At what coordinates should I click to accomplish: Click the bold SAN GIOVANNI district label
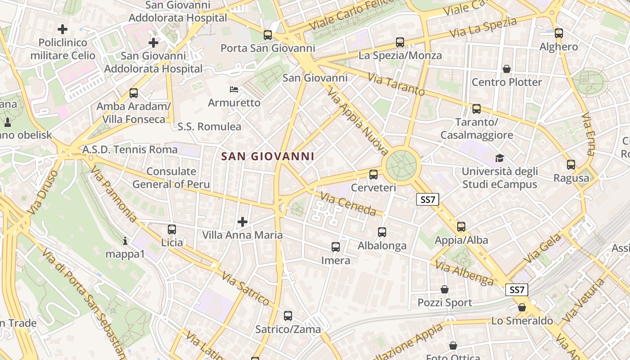[x=268, y=156]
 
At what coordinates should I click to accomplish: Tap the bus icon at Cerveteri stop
[x=373, y=175]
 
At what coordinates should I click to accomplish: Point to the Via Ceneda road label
[x=348, y=203]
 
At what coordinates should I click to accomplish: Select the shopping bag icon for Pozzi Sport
[x=445, y=289]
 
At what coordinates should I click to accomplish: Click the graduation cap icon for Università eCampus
[x=499, y=158]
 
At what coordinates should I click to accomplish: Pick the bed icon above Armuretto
[x=234, y=89]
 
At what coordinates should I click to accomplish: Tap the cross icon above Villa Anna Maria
[x=243, y=221]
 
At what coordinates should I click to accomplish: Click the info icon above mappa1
[x=125, y=241]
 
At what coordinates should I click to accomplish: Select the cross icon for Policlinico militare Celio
[x=63, y=30]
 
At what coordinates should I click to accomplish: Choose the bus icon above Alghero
[x=558, y=33]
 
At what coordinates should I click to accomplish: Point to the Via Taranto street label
[x=396, y=84]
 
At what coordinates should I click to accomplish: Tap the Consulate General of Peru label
[x=171, y=178]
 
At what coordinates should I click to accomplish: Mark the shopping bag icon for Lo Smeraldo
[x=522, y=307]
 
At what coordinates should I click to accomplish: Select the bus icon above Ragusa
[x=571, y=165]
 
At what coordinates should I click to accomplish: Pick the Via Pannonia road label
[x=114, y=194]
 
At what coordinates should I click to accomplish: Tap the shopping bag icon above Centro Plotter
[x=507, y=69]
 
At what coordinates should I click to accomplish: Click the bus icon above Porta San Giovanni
[x=268, y=35]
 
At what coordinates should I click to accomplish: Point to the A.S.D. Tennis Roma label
[x=130, y=149]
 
